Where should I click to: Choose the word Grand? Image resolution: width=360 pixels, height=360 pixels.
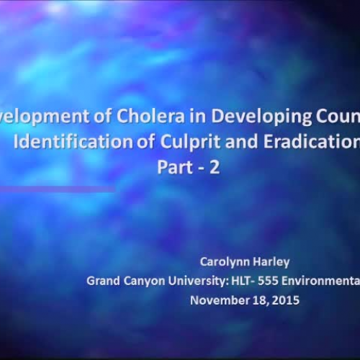click(102, 281)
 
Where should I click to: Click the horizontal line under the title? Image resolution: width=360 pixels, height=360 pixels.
click(58, 190)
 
